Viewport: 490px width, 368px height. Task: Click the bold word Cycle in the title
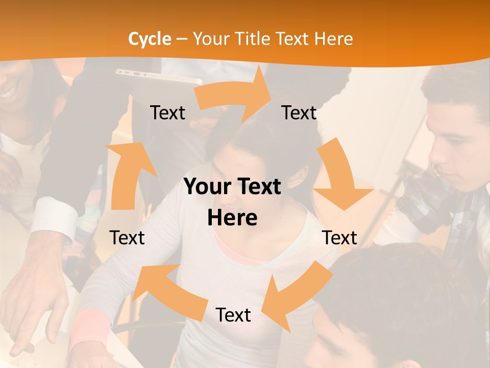150,39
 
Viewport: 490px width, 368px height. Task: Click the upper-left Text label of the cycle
167,112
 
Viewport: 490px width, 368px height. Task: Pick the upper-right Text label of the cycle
299,112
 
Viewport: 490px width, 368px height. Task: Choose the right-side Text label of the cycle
339,238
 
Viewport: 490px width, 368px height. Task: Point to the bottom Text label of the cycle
233,315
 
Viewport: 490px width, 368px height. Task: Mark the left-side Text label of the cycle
127,238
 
